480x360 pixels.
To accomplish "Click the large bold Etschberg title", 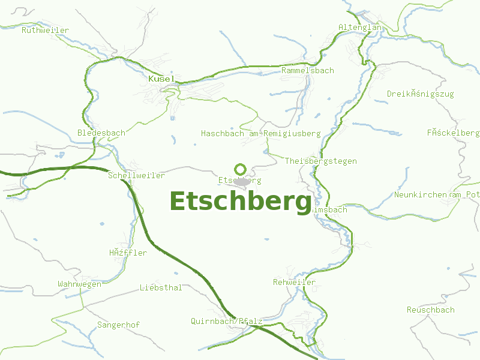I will click(241, 202).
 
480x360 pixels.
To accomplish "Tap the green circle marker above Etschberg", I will click(241, 169).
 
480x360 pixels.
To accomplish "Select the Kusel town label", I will click(161, 79).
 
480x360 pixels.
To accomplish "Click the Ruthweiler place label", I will click(45, 30).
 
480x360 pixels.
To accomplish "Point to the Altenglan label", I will click(360, 28).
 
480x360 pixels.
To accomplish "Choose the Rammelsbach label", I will click(307, 70).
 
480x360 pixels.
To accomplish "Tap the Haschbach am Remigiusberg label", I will click(260, 133).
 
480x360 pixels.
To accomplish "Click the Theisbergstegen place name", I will click(320, 161).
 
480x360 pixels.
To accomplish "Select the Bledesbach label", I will click(101, 133).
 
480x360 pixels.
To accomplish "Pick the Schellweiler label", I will click(136, 175).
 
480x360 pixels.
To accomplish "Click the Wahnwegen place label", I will click(79, 284).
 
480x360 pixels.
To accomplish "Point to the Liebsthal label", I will click(160, 287).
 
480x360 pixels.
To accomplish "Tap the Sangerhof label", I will click(118, 325).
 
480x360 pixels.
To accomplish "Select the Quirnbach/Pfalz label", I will click(226, 321).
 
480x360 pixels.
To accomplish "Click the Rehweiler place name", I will click(294, 282).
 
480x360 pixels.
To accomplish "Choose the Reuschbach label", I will click(430, 310).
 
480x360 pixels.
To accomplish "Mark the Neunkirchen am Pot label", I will click(437, 195).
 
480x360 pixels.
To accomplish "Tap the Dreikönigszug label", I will click(420, 94).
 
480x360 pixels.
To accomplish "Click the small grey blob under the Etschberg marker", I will click(242, 181).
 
